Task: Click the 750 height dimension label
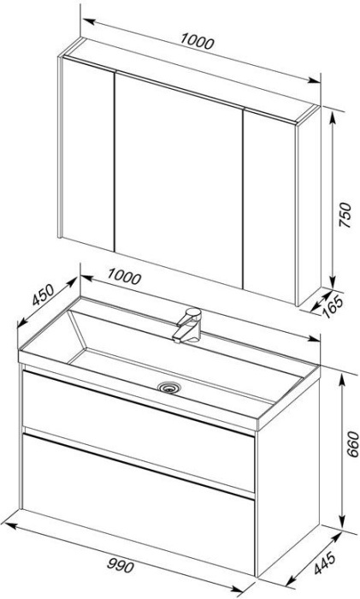tap(345, 215)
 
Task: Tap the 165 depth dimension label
tap(333, 306)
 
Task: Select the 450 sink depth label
tap(43, 295)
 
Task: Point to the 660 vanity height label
tap(353, 444)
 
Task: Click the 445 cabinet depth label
tap(325, 563)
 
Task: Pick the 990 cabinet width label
tap(120, 565)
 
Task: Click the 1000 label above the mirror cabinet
tap(197, 41)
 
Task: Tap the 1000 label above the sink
tap(124, 276)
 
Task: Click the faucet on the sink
tap(188, 325)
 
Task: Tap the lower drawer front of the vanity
tap(139, 503)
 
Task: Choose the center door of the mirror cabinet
tap(178, 180)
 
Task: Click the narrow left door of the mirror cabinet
tap(87, 153)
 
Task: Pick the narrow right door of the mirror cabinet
tap(269, 206)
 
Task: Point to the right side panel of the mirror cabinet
tap(309, 205)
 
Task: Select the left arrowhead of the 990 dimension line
tap(9, 525)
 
